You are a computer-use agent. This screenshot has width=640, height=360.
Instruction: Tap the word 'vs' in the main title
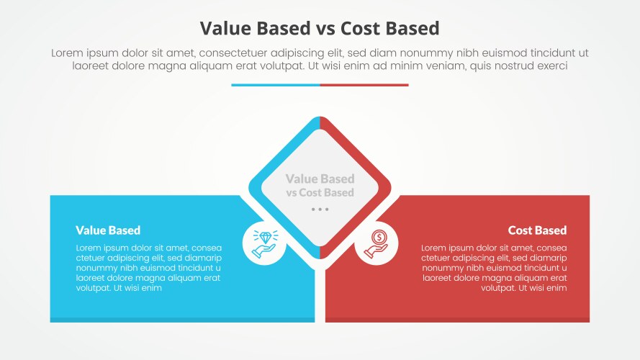[324, 28]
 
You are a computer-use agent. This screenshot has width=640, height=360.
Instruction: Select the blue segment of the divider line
[275, 85]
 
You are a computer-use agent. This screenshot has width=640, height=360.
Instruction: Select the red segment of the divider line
[364, 85]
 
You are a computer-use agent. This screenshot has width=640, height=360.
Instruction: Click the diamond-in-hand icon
[264, 243]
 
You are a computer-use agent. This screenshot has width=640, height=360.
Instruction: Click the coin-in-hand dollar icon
[377, 243]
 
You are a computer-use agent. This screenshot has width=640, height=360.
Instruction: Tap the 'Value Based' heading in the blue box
[108, 230]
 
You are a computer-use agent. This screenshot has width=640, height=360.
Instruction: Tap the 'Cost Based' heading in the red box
[537, 230]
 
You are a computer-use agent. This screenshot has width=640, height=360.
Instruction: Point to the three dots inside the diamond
[320, 209]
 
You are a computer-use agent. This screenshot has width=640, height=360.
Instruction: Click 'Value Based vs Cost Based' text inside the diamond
[320, 186]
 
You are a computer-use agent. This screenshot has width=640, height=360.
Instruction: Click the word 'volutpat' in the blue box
[93, 288]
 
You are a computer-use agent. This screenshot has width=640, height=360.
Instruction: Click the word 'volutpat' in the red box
[499, 288]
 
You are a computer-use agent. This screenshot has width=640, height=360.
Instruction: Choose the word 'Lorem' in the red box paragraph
[436, 248]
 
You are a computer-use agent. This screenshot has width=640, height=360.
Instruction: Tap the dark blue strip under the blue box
[182, 320]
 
